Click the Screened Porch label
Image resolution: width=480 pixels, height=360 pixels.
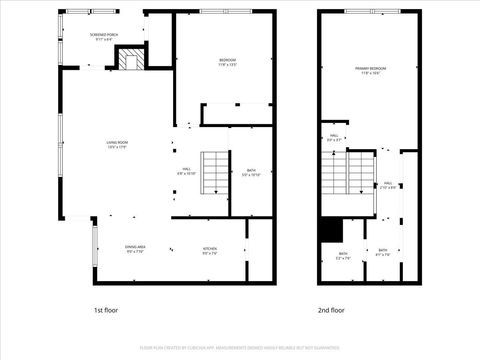[x=105, y=37]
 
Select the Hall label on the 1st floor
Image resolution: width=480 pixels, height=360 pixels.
[x=186, y=171]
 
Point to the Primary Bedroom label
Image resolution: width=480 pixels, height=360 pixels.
[x=371, y=70]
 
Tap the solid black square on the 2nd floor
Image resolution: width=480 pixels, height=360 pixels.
[x=331, y=230]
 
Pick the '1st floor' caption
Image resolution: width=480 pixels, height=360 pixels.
[x=107, y=310]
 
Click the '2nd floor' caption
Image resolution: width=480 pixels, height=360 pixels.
[x=331, y=310]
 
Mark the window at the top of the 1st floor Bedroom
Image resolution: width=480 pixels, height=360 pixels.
[x=226, y=11]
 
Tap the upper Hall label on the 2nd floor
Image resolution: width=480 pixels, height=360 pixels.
[x=334, y=137]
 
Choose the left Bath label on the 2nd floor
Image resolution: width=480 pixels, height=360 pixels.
[x=342, y=255]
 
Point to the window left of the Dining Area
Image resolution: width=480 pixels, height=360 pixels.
[x=96, y=245]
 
